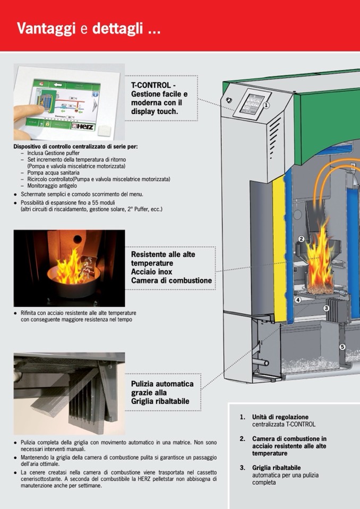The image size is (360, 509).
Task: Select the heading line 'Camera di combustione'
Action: (171, 280)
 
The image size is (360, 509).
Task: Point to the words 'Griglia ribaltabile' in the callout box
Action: (160, 401)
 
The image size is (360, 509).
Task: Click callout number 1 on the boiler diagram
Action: (267, 105)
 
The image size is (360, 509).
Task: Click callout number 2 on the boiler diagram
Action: (301, 239)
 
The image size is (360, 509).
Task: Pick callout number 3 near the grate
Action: (326, 308)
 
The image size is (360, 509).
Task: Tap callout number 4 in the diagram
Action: (298, 300)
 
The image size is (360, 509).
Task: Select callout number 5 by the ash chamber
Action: (342, 347)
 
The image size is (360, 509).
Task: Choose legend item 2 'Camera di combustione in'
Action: (289, 439)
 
